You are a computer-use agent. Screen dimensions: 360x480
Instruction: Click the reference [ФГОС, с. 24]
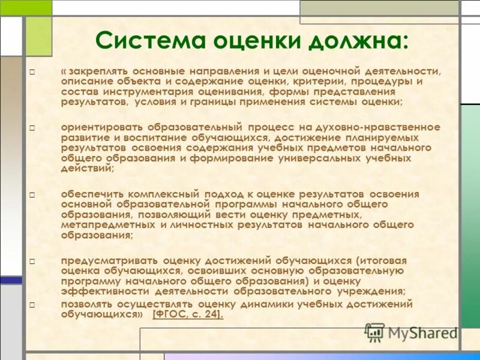(188, 314)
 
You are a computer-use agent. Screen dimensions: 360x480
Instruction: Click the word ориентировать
(101, 127)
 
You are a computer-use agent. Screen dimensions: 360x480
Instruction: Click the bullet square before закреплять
(32, 72)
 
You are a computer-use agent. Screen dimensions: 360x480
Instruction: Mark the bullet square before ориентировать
(32, 128)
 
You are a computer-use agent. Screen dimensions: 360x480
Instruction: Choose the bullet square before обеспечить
(32, 195)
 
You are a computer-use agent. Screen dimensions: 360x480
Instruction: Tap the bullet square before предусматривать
(32, 262)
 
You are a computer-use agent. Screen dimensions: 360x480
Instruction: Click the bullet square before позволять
(32, 305)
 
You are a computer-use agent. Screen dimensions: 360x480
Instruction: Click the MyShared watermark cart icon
(374, 332)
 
